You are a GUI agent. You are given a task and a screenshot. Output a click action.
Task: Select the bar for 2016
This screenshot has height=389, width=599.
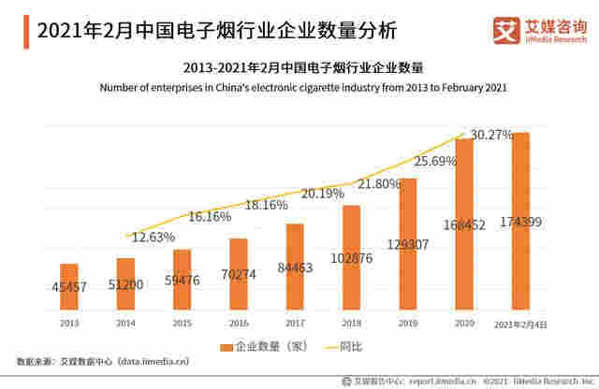[x=239, y=275]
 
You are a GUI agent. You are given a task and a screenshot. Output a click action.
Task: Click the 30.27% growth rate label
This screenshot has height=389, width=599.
[x=490, y=135]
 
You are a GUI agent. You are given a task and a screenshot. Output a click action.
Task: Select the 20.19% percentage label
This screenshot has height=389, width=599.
[x=322, y=194]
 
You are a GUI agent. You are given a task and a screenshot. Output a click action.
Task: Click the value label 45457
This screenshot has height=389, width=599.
[x=69, y=287]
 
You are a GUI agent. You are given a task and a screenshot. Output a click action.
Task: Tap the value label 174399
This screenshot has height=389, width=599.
[x=521, y=222]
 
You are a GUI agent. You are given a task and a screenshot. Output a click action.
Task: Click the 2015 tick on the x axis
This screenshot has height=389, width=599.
[x=183, y=324]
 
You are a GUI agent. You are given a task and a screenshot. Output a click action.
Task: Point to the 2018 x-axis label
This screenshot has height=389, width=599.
[x=351, y=324]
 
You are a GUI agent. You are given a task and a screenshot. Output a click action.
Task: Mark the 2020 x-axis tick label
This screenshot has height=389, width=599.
[x=463, y=324]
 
